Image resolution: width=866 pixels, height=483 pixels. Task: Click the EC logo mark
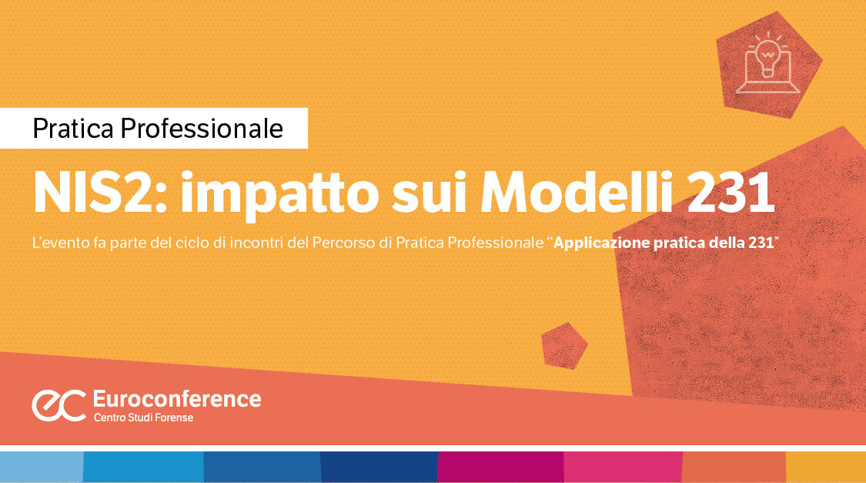59,405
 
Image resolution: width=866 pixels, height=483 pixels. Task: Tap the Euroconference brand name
176,399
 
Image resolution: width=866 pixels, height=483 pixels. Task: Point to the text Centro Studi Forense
143,418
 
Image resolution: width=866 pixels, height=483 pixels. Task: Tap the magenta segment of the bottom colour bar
500,467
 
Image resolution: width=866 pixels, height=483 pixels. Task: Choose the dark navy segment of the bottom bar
379,467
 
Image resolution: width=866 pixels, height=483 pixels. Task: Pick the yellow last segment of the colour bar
825,467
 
